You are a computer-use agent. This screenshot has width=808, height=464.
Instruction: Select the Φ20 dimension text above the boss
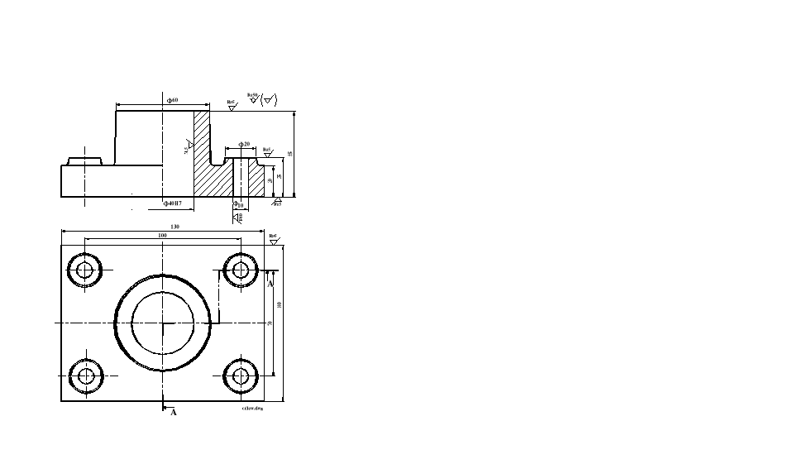(244, 144)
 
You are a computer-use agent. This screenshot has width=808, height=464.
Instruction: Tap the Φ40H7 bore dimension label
(174, 203)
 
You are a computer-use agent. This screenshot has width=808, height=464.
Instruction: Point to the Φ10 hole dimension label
(238, 203)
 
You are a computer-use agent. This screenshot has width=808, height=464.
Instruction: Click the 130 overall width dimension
(175, 227)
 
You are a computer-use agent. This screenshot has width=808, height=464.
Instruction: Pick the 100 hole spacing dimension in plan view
(162, 236)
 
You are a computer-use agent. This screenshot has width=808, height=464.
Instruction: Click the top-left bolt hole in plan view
(84, 270)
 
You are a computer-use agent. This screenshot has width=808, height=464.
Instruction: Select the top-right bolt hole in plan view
(241, 270)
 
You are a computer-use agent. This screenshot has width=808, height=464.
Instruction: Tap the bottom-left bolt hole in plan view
(84, 376)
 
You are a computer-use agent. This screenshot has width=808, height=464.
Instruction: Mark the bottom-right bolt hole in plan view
(241, 376)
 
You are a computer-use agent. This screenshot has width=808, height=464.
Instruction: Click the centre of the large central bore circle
(163, 323)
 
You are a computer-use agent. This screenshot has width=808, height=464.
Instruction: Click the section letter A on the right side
(270, 283)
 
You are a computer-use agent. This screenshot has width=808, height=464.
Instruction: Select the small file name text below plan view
(251, 408)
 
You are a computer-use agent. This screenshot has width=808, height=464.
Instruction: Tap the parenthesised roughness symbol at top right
(270, 100)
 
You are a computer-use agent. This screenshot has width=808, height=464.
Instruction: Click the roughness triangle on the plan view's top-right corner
(274, 242)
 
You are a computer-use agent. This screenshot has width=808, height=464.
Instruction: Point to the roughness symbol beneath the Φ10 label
(238, 218)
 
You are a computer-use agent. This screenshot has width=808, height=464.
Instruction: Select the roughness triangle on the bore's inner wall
(189, 146)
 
